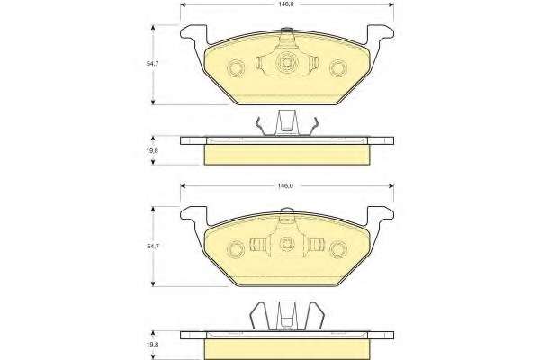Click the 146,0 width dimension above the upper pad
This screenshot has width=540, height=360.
[x=285, y=4]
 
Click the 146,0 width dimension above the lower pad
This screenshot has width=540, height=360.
[x=285, y=186]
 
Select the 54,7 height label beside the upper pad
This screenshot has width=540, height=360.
[x=153, y=64]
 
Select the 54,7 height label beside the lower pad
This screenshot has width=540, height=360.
[x=153, y=247]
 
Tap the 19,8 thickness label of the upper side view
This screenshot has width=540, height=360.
[x=153, y=150]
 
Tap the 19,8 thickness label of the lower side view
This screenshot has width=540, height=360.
[x=153, y=344]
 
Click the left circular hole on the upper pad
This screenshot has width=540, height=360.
[x=236, y=67]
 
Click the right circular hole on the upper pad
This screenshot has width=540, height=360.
[x=337, y=67]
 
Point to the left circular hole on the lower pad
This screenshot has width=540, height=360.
[x=236, y=248]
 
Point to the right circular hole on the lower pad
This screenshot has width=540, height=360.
[x=337, y=248]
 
